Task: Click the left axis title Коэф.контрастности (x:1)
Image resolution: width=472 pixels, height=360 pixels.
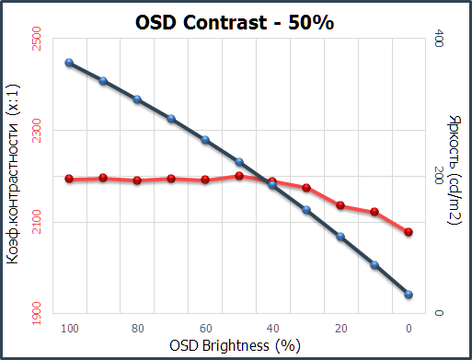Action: click(x=14, y=176)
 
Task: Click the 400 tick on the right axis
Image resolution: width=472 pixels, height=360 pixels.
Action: click(x=439, y=39)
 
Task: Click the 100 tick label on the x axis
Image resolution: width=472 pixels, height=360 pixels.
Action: click(x=68, y=328)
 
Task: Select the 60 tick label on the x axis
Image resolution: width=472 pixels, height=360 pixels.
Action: click(x=204, y=328)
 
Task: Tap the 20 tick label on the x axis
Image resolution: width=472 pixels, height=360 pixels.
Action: click(x=340, y=328)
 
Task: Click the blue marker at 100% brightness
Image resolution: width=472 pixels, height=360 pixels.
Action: click(x=69, y=63)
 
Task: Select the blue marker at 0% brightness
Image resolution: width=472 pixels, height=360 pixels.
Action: click(x=409, y=295)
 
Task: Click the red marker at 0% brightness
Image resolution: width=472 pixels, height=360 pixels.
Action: click(x=409, y=232)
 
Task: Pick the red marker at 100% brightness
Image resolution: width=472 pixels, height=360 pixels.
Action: click(x=69, y=179)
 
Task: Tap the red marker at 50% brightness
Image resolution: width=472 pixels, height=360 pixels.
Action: click(x=239, y=175)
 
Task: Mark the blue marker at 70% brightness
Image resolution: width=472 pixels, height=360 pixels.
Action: click(x=171, y=118)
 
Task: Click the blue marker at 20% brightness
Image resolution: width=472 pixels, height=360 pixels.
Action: click(x=340, y=237)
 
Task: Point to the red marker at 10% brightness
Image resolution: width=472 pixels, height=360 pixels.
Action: click(x=374, y=212)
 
